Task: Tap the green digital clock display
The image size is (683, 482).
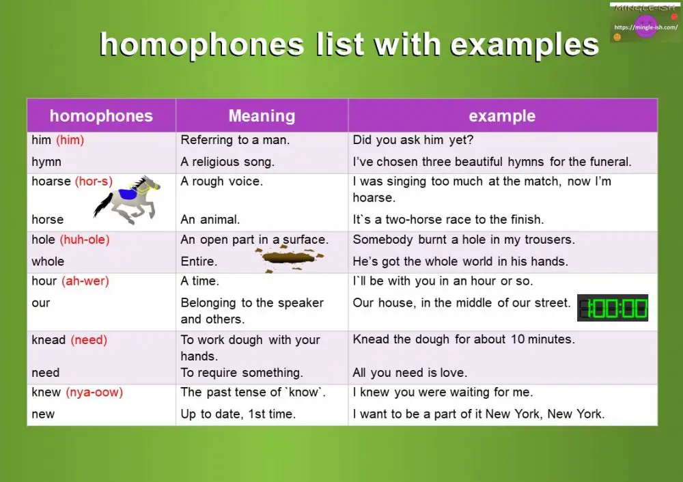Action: [613, 308]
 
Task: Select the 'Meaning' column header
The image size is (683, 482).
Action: [262, 116]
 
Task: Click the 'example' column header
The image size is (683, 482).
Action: [502, 116]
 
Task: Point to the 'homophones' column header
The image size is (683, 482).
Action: [101, 116]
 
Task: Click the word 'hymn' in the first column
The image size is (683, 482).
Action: [46, 162]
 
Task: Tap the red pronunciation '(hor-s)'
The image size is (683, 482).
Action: [94, 182]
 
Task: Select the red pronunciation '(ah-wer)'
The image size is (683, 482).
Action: [85, 281]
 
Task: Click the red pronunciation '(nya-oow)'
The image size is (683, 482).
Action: [94, 393]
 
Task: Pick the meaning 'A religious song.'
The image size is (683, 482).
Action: [227, 162]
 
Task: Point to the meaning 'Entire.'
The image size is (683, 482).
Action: [199, 261]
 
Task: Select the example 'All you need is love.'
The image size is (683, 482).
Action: [410, 373]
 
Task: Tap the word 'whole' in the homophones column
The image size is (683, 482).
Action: [48, 261]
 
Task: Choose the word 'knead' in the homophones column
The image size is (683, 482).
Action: [48, 340]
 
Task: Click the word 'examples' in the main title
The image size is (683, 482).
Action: [525, 45]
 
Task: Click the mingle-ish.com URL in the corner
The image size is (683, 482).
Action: [645, 27]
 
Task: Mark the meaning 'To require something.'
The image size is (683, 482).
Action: [242, 373]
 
